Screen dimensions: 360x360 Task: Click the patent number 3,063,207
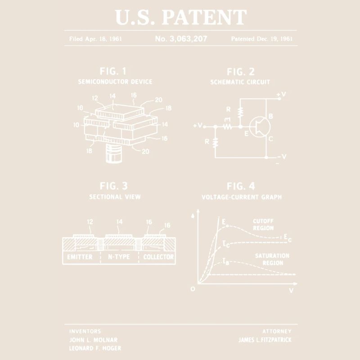point(188,39)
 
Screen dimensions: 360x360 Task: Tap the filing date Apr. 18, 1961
point(103,39)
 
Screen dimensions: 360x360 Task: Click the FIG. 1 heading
point(113,71)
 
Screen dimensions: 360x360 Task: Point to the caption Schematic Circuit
point(240,82)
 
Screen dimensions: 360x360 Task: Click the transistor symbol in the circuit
point(260,127)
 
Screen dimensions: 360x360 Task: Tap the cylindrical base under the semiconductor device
point(114,153)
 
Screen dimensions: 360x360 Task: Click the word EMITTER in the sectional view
point(80,256)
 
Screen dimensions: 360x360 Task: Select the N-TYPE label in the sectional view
point(119,256)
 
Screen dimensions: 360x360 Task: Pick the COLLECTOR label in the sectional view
point(158,256)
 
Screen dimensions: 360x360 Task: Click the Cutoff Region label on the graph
point(263,225)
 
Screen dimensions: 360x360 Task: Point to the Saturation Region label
point(272,259)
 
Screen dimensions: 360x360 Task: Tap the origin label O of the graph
point(193,289)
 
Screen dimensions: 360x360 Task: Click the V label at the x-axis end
point(291,291)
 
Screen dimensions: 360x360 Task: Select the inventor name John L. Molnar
point(93,340)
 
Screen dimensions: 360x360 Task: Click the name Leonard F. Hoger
point(95,348)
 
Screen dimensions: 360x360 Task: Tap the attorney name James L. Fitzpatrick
point(265,340)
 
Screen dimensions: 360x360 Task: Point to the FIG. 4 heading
point(241,186)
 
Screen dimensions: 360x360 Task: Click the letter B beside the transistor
point(271,116)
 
